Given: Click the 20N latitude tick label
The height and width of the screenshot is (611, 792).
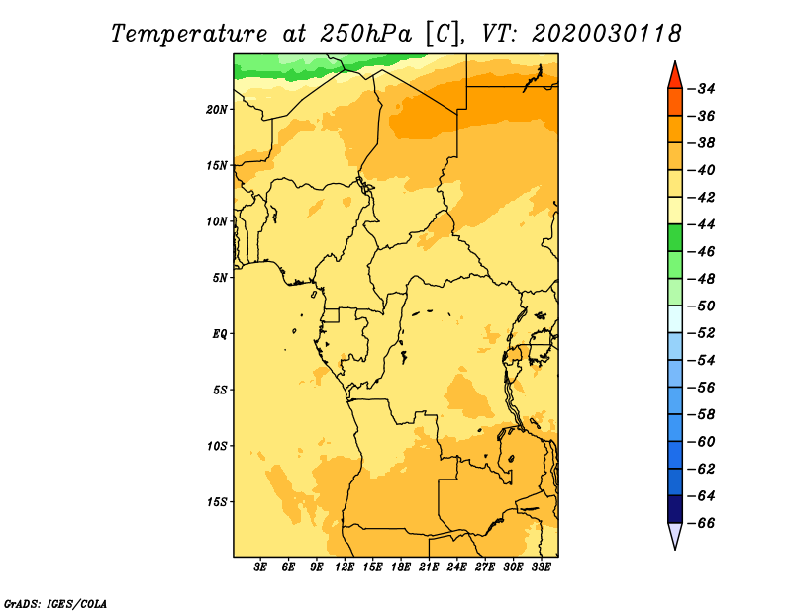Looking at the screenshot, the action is pos(216,109).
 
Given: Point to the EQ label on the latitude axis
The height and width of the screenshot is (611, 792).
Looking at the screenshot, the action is pos(219,334).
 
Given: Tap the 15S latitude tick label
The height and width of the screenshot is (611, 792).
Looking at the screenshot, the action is pos(216,502).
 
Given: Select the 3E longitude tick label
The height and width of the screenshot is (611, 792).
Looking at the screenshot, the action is pos(260,567).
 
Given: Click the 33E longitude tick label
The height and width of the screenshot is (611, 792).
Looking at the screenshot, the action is pos(541,567).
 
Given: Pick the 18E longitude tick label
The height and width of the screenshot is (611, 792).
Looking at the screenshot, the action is pos(401,567).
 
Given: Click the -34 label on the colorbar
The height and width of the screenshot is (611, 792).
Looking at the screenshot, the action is pos(702,89).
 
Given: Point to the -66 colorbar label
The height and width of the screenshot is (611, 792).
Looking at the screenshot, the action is pos(702,523).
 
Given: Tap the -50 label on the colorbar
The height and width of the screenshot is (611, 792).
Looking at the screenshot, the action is pos(702,305).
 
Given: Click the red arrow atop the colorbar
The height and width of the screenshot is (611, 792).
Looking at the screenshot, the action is pos(675,76).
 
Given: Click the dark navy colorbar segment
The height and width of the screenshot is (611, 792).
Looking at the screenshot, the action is pos(675,509).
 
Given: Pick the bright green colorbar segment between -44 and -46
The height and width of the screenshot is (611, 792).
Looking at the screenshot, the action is pos(675,237).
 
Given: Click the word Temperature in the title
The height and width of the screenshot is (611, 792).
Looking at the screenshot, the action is pos(189,34).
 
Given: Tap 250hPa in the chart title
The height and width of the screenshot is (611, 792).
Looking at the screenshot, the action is pos(365,34).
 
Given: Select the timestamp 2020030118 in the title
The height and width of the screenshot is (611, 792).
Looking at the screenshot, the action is pos(606,34).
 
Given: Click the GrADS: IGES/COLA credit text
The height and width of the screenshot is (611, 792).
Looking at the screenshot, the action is pos(55,604).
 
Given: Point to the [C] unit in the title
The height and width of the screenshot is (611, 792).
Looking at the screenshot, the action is pos(443,34).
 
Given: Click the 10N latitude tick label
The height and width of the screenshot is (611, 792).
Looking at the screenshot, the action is pos(216,221).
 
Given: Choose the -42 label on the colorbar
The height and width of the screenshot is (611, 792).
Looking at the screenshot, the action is pos(702,198).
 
